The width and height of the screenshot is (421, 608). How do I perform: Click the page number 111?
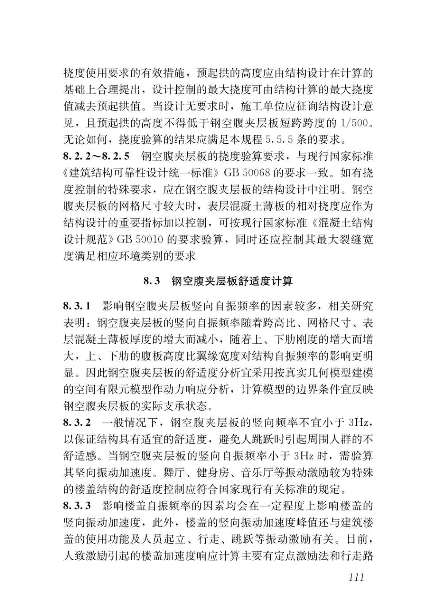[x=356, y=577]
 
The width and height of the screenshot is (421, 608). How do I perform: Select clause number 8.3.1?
[x=77, y=306]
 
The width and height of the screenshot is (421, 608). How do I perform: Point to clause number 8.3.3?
[x=77, y=506]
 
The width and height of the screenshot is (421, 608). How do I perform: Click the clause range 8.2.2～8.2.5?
[x=96, y=156]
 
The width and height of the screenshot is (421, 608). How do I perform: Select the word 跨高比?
[x=281, y=323]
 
